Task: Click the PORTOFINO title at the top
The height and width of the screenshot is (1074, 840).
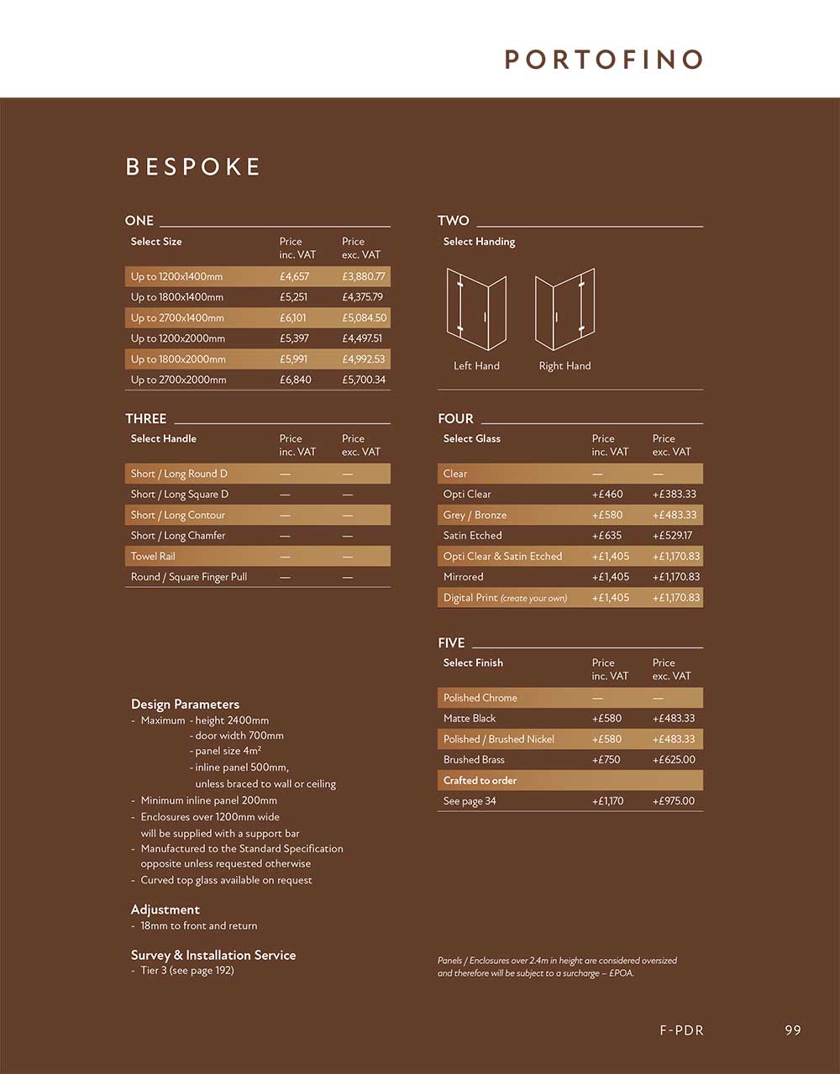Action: tap(603, 60)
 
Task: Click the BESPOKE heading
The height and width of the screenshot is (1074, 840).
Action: tap(193, 166)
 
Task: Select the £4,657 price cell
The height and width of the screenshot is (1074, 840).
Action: tap(294, 276)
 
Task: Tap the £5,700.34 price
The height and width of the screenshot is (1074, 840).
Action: tap(364, 380)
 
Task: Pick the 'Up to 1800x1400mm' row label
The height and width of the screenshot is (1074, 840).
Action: tap(177, 297)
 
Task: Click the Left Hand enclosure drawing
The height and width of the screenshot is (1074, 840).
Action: tap(476, 308)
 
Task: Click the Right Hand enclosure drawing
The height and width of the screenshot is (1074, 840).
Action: tap(564, 308)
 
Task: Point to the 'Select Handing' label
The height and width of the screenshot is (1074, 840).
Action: tap(479, 242)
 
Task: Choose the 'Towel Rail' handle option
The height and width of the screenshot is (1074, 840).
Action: tap(153, 556)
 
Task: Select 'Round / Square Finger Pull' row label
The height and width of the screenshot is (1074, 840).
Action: tap(189, 577)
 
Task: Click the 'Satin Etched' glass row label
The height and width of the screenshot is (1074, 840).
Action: tap(473, 536)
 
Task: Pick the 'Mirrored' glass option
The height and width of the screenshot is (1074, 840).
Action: tap(464, 577)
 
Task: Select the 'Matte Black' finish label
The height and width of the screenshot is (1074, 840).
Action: tap(470, 719)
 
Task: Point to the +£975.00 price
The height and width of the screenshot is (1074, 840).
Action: tap(674, 801)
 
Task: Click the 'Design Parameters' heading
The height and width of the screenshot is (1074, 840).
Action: tap(185, 705)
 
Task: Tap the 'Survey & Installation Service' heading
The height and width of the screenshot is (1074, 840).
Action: tap(213, 955)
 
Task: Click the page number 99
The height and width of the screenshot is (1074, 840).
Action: tap(793, 1030)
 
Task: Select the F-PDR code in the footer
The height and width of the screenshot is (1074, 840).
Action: tap(681, 1030)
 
